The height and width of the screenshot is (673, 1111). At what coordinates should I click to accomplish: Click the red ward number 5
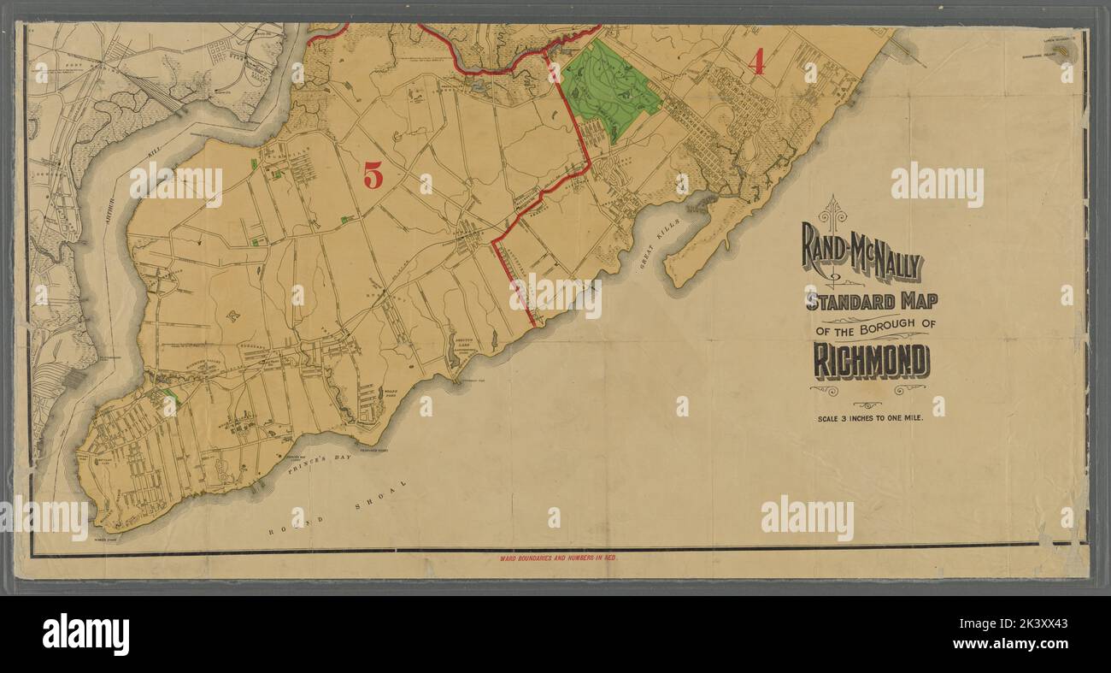373,174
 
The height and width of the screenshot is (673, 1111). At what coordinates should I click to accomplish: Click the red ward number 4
755,62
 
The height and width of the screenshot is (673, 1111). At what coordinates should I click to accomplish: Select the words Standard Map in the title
871,301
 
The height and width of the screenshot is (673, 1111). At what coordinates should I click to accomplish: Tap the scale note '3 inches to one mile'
870,419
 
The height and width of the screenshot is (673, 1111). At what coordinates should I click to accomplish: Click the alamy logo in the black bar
85,635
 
